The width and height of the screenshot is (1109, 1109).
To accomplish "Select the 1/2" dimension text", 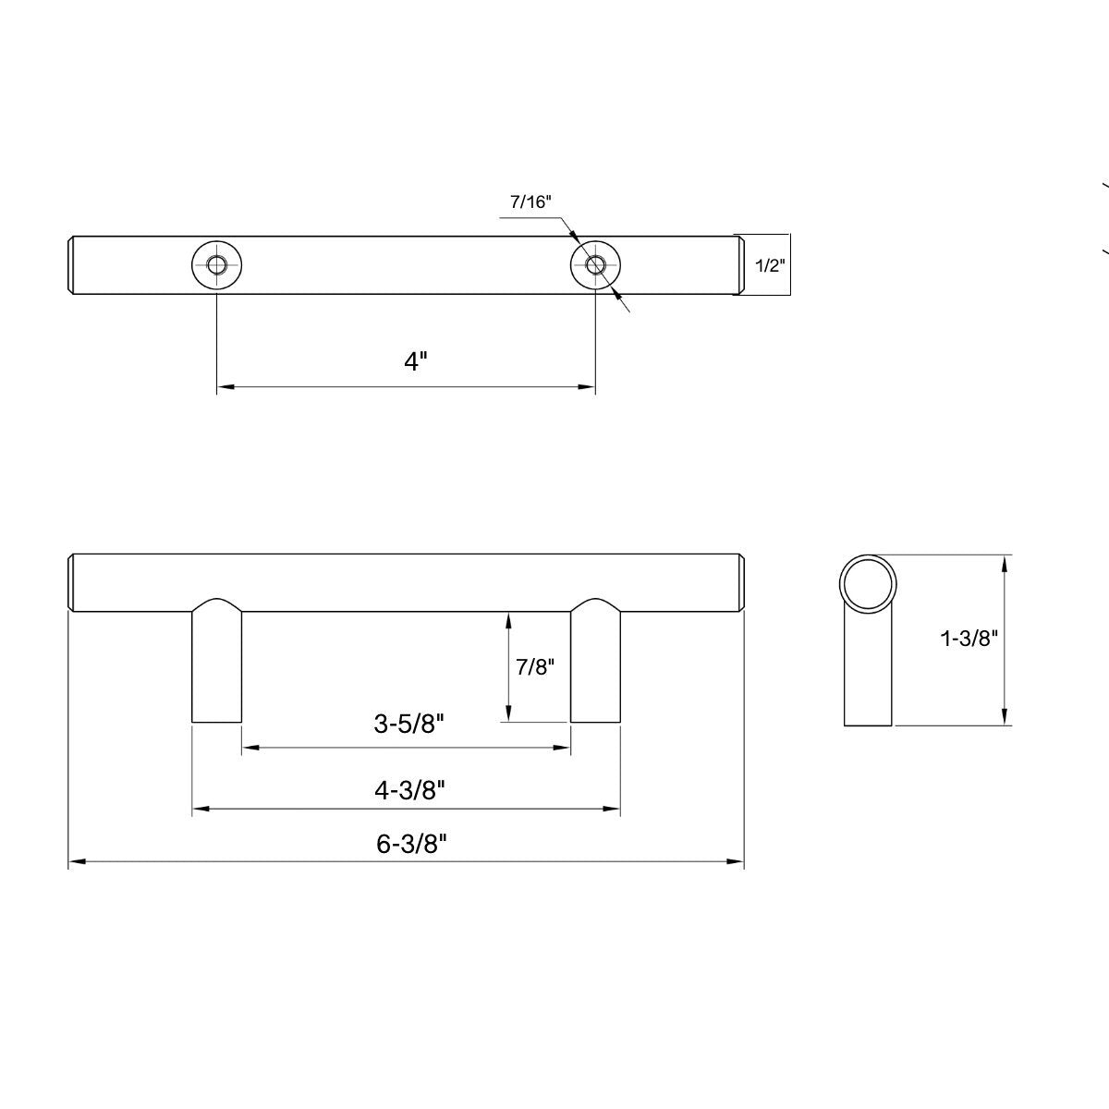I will coord(770,266).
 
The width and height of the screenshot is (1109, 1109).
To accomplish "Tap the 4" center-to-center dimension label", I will coord(416,360).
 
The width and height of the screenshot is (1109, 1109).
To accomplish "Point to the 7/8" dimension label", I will coord(534,667).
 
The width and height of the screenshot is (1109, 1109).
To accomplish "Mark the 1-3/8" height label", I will coord(969,638).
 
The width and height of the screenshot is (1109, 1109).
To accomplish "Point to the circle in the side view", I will coord(868,583).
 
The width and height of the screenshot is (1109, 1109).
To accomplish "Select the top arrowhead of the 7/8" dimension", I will coord(507,620).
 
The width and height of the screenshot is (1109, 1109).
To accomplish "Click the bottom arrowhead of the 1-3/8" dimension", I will coord(1005,718).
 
